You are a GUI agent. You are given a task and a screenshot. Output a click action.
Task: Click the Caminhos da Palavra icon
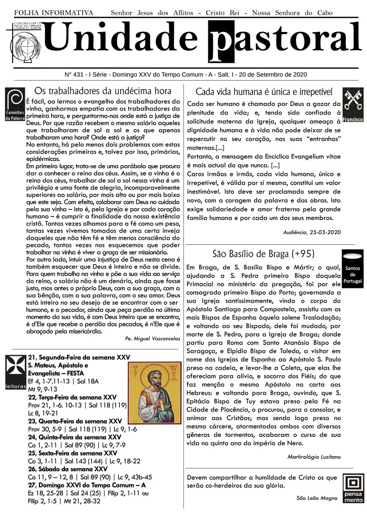click(x=14, y=104)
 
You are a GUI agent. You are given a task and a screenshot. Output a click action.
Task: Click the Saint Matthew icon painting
click(x=154, y=393)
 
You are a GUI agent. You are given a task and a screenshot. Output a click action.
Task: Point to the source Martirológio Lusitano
click(x=313, y=457)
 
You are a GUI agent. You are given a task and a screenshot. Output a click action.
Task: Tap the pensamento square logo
click(x=353, y=488)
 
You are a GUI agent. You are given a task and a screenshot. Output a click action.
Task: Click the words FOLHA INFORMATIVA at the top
click(x=54, y=12)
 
